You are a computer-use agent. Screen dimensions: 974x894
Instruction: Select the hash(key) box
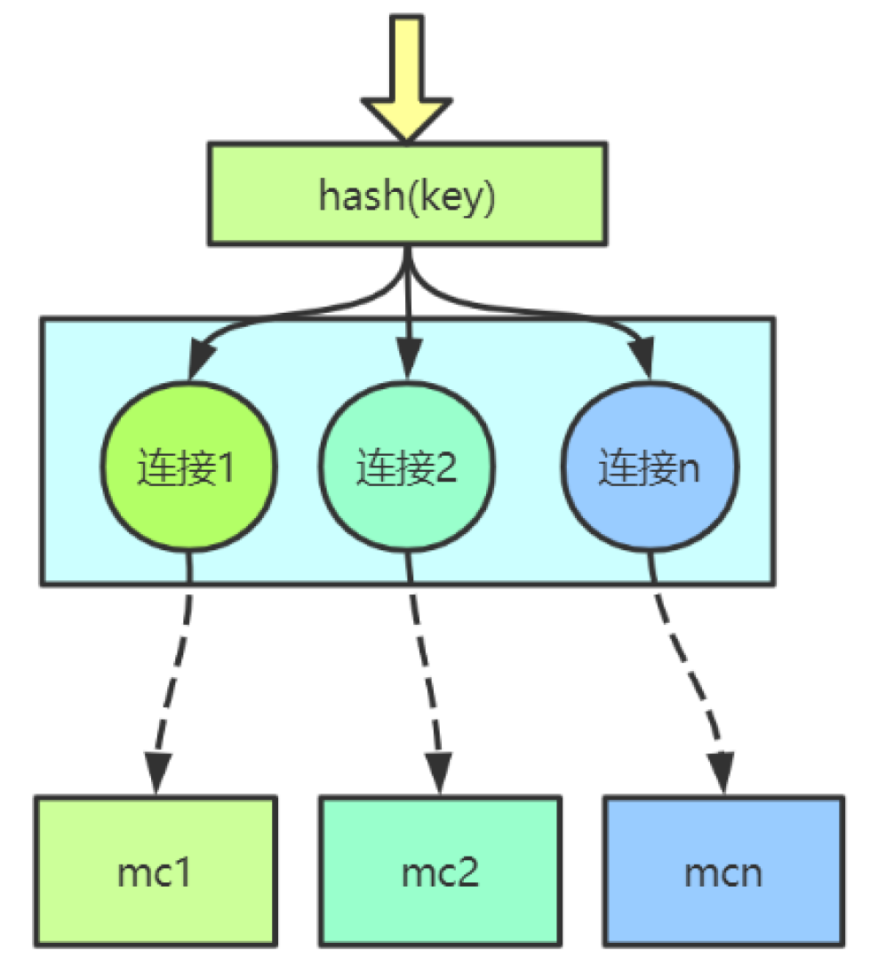pyautogui.click(x=407, y=195)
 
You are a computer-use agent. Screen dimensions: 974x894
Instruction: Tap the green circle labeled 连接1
pyautogui.click(x=189, y=468)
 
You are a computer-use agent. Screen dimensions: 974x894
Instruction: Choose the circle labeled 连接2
pyautogui.click(x=407, y=468)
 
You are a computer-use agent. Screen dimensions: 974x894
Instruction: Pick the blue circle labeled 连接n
pyautogui.click(x=650, y=468)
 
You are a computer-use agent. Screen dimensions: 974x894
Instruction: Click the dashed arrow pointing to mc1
pyautogui.click(x=173, y=675)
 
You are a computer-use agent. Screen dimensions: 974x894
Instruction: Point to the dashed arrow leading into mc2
pyautogui.click(x=425, y=675)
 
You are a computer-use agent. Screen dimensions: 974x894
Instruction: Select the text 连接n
pyautogui.click(x=650, y=468)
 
